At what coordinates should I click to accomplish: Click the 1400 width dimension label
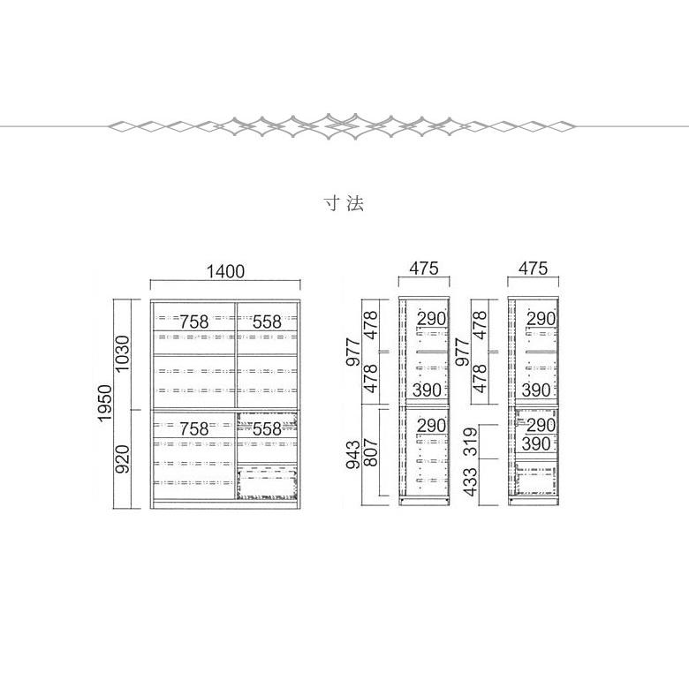[225, 271]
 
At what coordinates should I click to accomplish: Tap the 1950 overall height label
[105, 404]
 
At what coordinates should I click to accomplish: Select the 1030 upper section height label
[123, 353]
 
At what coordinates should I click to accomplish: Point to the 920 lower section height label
[123, 458]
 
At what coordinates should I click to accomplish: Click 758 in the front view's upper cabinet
[193, 322]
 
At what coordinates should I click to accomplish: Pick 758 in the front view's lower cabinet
[193, 429]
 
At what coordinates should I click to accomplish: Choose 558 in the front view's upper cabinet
[267, 322]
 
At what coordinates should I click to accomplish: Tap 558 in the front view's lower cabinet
[267, 429]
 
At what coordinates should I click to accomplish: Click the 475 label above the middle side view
[424, 268]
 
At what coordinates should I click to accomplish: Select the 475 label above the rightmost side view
[533, 268]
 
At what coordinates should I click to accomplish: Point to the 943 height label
[353, 453]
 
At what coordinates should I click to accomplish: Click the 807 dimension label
[371, 452]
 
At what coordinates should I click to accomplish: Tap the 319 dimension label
[470, 442]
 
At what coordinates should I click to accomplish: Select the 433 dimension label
[470, 482]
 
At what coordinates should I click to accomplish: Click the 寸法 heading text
[344, 203]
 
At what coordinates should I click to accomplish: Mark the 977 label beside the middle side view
[353, 352]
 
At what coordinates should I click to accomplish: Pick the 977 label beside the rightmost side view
[463, 352]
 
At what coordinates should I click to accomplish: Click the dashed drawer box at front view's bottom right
[267, 483]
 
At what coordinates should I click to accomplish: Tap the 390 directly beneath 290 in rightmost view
[536, 443]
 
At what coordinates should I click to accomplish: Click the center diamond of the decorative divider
[329, 126]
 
